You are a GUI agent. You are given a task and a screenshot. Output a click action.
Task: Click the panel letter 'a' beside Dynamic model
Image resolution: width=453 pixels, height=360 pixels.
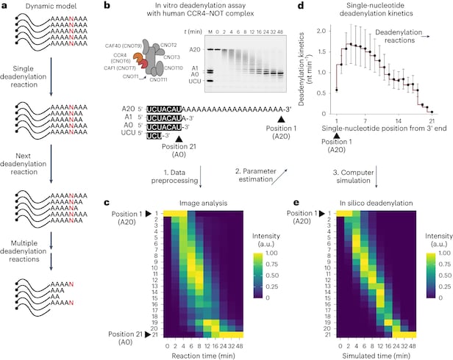pyautogui.click(x=7, y=7)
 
